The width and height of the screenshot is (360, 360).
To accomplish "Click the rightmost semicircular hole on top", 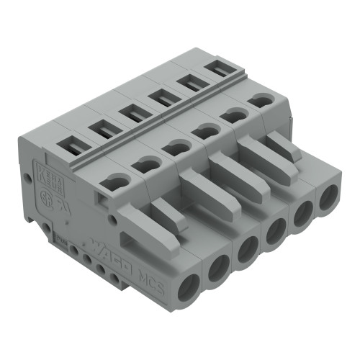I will click(x=260, y=102).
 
